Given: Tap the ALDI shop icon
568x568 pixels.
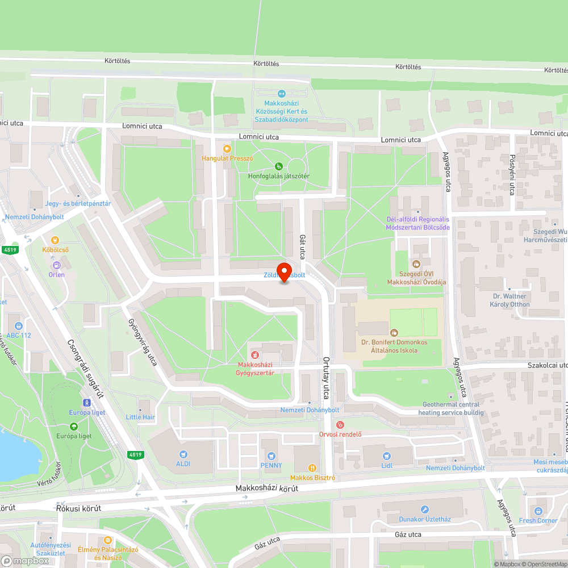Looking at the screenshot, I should click(183, 454).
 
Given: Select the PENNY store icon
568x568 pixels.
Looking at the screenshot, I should click(272, 456).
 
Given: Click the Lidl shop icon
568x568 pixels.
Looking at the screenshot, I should click(387, 456).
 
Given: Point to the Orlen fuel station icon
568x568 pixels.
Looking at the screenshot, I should click(56, 265).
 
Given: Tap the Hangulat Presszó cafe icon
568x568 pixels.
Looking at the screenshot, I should click(227, 149).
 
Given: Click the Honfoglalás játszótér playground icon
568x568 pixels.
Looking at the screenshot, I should click(278, 166).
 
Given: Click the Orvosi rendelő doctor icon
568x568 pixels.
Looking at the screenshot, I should click(340, 425).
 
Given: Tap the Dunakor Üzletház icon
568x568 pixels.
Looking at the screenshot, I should click(425, 509).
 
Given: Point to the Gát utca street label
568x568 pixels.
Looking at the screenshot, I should click(302, 247).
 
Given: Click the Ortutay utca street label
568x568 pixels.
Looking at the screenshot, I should click(327, 375).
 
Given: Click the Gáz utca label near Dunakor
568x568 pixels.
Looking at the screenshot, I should click(407, 534).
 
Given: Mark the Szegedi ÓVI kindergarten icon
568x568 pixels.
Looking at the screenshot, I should click(416, 264).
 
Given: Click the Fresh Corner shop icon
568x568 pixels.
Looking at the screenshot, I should click(538, 511).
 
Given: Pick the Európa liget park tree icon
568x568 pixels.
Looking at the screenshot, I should click(73, 427).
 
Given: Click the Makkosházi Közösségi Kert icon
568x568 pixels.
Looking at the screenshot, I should click(281, 94).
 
